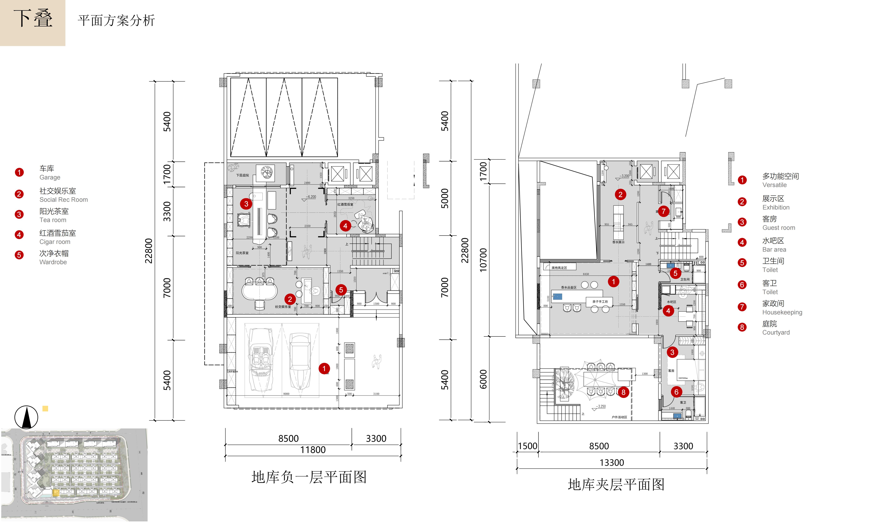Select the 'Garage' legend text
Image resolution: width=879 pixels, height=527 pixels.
[50, 177]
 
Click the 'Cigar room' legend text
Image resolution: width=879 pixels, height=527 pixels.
[55, 242]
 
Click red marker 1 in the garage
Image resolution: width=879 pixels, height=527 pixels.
[324, 369]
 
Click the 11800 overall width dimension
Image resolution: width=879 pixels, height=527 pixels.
[313, 450]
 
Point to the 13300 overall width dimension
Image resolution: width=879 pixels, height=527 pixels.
[611, 463]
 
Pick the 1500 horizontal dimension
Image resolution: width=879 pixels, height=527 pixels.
[527, 446]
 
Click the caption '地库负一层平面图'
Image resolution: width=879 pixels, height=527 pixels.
[309, 477]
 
